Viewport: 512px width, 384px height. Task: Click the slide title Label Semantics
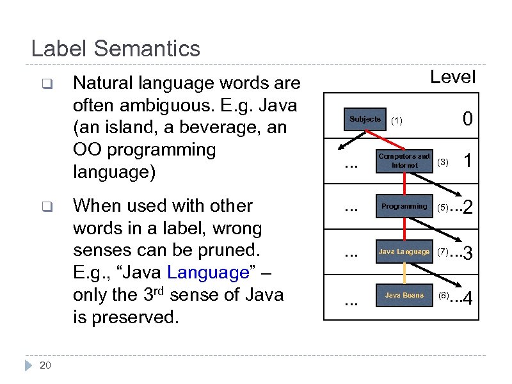[115, 49]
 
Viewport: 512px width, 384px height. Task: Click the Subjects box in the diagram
[365, 119]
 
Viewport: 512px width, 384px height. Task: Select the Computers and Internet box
[404, 161]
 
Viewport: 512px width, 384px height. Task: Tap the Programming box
[404, 207]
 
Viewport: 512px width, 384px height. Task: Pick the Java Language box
[404, 252]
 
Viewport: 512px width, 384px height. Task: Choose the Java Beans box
[404, 296]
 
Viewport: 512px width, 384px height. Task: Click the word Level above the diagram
[452, 77]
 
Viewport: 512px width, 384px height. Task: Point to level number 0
[468, 120]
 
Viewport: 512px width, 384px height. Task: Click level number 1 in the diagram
[468, 162]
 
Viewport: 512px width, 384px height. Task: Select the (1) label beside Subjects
[397, 120]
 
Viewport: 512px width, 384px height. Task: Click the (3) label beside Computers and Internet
[443, 163]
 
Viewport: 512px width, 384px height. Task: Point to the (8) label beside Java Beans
[444, 296]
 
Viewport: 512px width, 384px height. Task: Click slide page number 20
[45, 365]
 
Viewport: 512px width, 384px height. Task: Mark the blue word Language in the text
[207, 273]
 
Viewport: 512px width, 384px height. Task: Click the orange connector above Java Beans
[404, 273]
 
